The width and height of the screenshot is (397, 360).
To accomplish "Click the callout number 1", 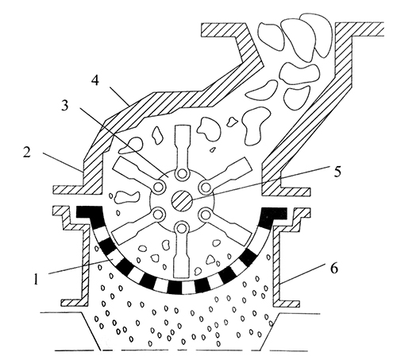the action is (x=37, y=280).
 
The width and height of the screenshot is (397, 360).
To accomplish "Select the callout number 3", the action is (x=64, y=106).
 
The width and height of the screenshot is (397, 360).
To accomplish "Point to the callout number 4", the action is (x=95, y=79).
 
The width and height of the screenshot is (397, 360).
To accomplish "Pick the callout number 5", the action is (x=337, y=172).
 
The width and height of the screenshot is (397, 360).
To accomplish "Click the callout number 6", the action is (x=334, y=269).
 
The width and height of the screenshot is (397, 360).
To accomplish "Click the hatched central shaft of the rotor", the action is (x=182, y=200).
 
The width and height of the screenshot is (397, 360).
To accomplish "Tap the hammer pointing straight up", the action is (x=183, y=151).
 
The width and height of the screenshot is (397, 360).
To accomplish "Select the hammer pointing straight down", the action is (x=182, y=250).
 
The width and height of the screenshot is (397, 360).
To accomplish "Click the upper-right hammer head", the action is (x=236, y=167).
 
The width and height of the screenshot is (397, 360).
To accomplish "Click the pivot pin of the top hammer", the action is (x=182, y=174).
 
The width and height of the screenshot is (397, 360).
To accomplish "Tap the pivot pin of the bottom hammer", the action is (x=182, y=227).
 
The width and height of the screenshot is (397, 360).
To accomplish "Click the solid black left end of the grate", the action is (x=89, y=212).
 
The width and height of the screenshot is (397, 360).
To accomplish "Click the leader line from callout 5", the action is (x=260, y=183).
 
